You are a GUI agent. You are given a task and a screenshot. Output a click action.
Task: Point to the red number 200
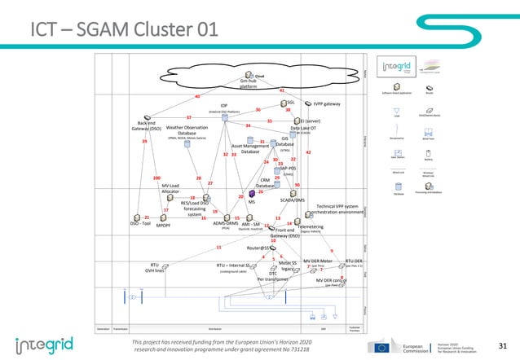tap(156, 178)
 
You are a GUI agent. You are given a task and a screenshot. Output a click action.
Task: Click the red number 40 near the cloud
tap(196, 96)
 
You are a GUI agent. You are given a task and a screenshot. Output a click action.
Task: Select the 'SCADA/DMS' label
tap(292, 200)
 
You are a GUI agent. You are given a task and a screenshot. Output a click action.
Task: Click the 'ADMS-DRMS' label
tap(225, 223)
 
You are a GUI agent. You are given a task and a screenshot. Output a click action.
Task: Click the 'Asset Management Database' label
tap(250, 148)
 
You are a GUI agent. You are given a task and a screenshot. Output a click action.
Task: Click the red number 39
tap(144, 143)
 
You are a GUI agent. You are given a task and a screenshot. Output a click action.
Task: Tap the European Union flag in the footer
tap(382, 346)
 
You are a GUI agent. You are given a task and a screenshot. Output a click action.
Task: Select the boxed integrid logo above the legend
tap(397, 65)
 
